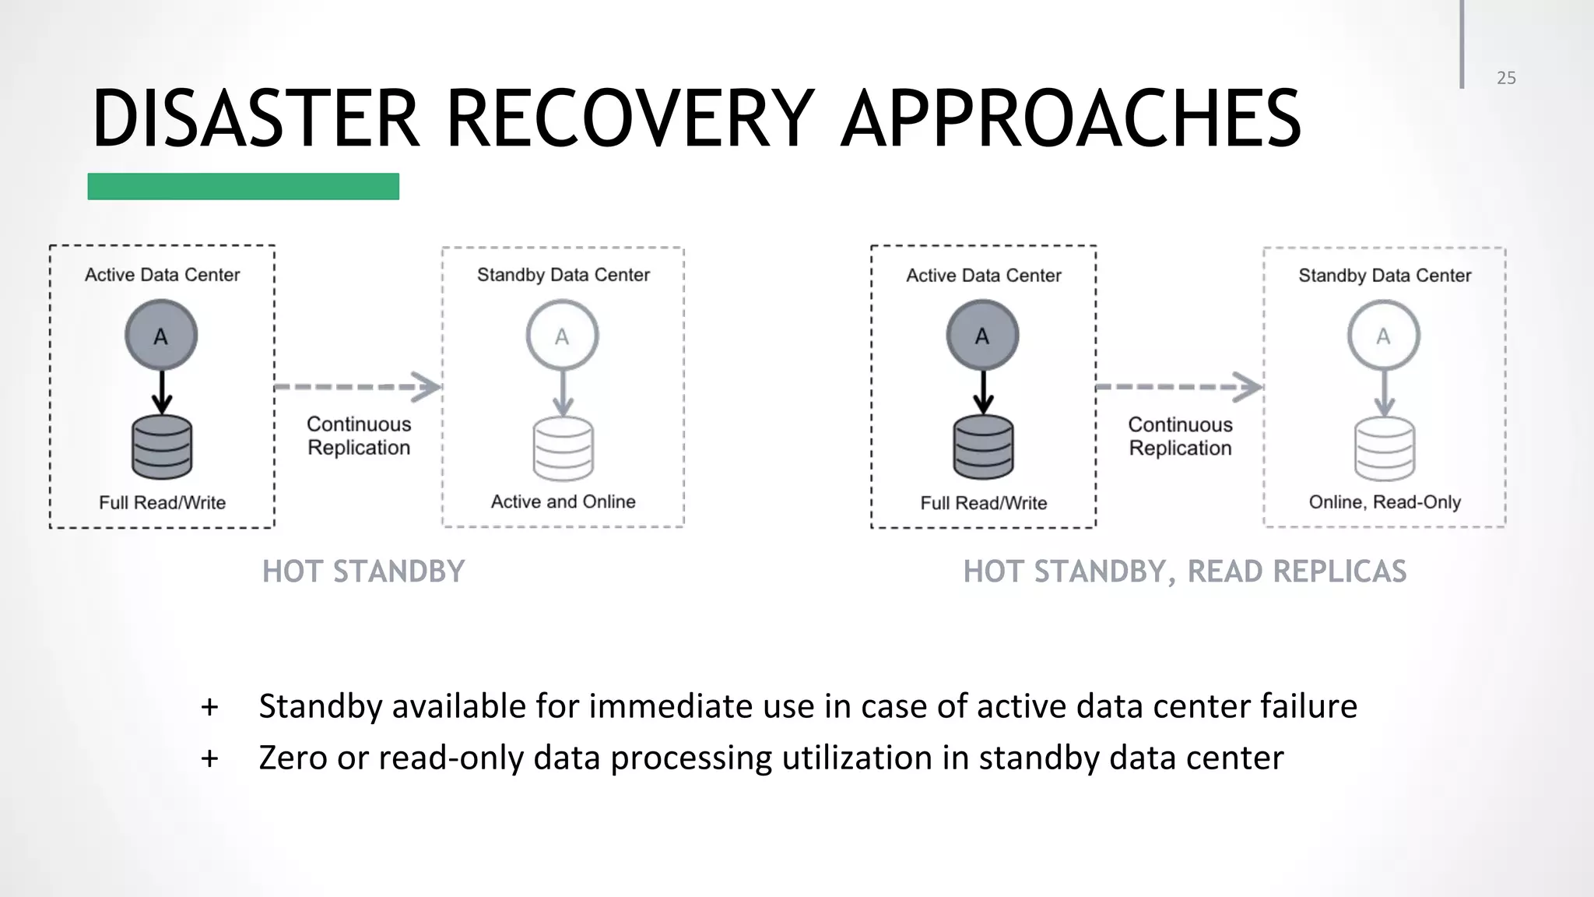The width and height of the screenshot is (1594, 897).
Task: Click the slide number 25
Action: [1506, 78]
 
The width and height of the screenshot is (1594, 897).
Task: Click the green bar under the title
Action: [243, 187]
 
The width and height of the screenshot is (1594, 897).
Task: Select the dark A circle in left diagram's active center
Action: [161, 336]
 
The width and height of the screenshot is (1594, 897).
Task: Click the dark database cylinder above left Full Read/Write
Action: [162, 447]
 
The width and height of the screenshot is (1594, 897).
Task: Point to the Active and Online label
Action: [563, 501]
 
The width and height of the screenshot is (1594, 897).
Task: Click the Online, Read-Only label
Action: [1385, 502]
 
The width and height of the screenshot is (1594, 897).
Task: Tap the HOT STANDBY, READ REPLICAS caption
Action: [1185, 572]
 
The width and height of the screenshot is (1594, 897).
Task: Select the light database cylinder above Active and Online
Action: [563, 448]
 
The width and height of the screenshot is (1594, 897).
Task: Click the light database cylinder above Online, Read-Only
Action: [1385, 448]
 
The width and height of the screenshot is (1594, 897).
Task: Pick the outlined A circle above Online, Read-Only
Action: [1383, 336]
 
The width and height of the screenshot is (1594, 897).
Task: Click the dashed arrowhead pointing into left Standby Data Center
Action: [427, 387]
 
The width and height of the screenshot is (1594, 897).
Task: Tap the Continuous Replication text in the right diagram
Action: [1180, 436]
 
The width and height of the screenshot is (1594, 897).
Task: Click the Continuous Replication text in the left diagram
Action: [359, 435]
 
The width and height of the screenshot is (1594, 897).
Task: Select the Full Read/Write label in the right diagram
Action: [983, 503]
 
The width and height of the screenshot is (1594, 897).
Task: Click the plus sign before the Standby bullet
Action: [209, 707]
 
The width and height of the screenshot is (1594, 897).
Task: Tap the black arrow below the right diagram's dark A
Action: [983, 393]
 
